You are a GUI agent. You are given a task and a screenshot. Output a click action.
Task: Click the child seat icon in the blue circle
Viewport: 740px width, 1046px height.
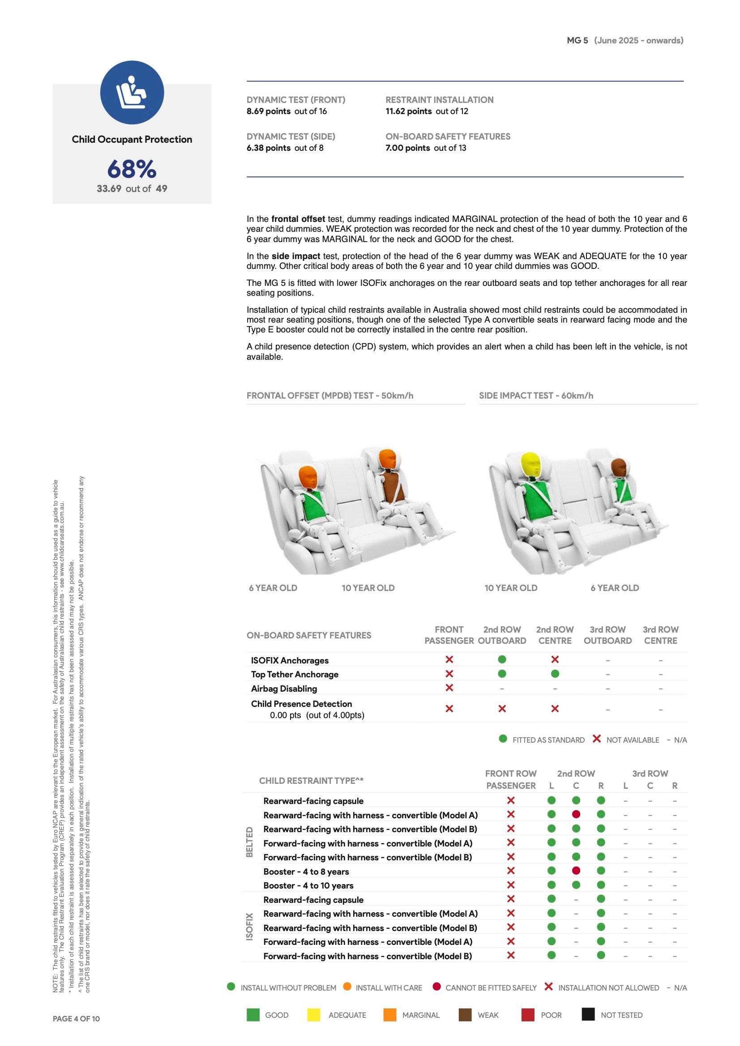tap(131, 93)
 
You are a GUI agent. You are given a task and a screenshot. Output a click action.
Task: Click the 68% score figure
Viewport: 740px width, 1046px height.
tap(132, 169)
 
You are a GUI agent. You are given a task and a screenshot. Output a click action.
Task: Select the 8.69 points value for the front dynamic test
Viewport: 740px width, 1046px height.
tap(269, 111)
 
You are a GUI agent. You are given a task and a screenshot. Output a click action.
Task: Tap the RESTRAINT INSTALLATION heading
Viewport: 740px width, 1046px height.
tap(439, 100)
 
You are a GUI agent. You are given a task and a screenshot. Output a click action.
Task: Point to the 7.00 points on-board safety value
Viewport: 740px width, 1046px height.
tap(408, 148)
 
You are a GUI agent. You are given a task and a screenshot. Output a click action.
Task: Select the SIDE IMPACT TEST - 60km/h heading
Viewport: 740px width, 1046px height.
tap(536, 395)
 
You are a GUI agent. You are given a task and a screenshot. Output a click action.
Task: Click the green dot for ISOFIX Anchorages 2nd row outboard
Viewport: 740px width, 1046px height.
tap(502, 659)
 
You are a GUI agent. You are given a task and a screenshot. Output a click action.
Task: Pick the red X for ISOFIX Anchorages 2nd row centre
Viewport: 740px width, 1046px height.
tap(555, 659)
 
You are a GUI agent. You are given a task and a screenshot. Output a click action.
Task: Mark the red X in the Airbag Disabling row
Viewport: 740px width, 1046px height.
tap(449, 688)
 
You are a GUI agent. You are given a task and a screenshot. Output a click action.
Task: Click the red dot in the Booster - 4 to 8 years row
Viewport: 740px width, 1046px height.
tap(576, 871)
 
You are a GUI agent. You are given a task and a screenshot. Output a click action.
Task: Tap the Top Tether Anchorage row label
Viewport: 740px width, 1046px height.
tap(295, 674)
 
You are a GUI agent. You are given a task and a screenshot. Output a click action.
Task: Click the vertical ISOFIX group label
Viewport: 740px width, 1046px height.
tap(249, 927)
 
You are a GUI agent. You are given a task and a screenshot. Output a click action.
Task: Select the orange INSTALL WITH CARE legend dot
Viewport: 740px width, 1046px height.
tap(347, 986)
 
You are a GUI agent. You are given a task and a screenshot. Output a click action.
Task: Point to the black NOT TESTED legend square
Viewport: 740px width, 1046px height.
tap(588, 1015)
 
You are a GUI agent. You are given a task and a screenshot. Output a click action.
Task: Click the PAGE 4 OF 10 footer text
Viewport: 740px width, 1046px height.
tap(76, 1019)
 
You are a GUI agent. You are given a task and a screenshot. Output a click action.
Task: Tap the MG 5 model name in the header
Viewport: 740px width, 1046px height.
tap(577, 41)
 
